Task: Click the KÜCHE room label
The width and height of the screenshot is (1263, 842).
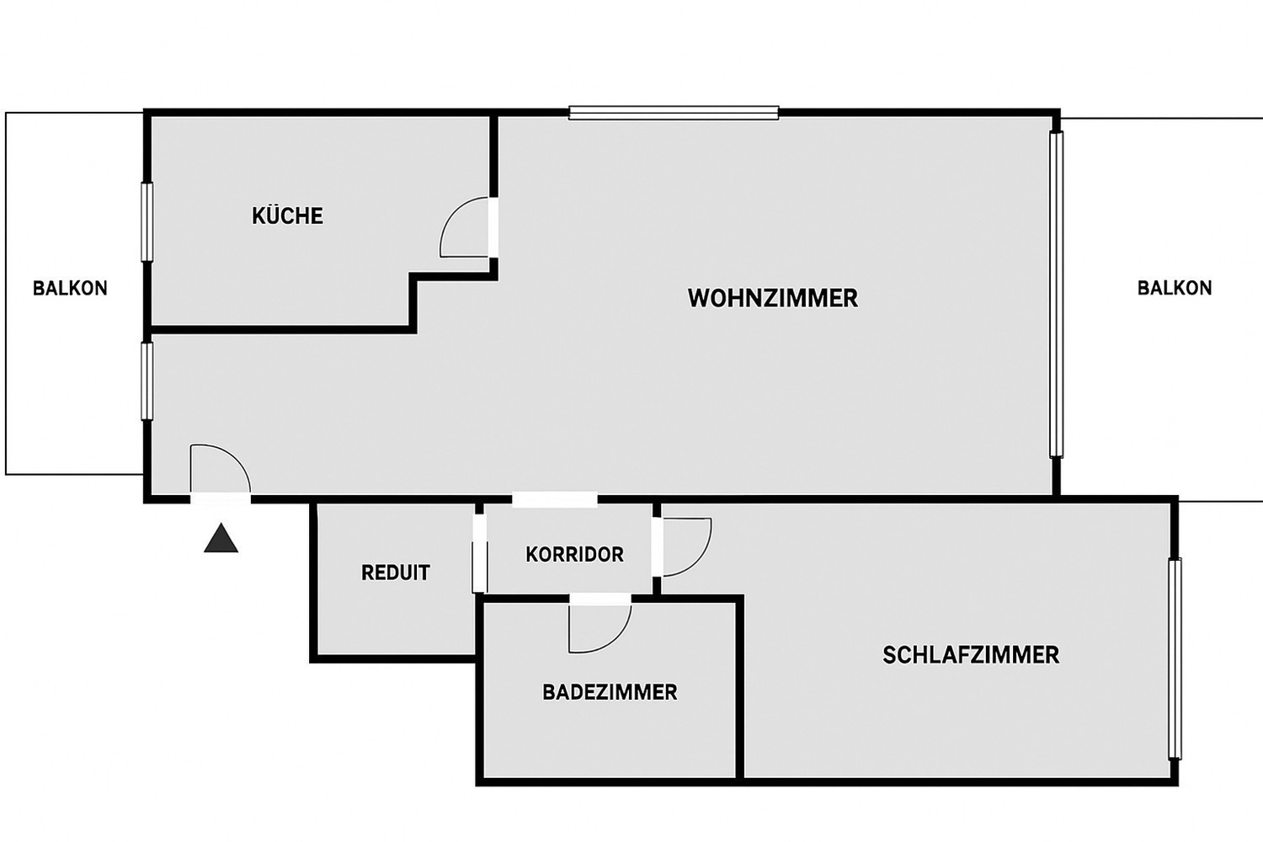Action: click(287, 216)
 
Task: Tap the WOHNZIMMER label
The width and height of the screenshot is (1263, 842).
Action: click(772, 298)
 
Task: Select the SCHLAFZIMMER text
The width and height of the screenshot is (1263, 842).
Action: click(970, 655)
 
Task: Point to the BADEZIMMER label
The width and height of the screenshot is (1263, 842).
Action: click(610, 692)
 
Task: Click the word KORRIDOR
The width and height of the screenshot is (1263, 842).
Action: click(574, 555)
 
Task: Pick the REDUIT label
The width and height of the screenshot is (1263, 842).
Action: click(395, 573)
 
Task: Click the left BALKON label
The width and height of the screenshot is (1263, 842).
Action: click(70, 288)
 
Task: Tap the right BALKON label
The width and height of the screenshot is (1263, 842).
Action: click(1174, 288)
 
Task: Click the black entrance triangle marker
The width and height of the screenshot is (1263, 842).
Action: click(221, 539)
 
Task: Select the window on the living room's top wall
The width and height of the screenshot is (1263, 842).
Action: click(674, 113)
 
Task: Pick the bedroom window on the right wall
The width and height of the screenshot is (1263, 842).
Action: click(1175, 658)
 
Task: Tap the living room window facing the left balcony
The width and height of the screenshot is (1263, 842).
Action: click(146, 381)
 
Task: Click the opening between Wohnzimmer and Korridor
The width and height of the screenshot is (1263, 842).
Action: click(554, 500)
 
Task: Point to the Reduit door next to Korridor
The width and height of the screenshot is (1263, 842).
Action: click(478, 552)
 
